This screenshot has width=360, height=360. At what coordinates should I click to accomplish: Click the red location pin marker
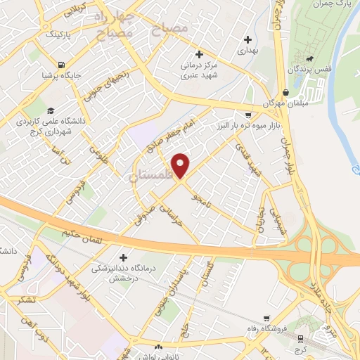click(181, 165)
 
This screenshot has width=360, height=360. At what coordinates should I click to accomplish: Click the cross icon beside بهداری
click(246, 39)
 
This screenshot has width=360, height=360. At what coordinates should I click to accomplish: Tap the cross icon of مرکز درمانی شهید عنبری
click(199, 54)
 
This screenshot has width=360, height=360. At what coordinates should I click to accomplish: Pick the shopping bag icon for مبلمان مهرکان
click(285, 93)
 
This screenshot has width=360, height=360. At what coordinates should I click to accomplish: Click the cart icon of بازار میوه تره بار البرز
click(247, 115)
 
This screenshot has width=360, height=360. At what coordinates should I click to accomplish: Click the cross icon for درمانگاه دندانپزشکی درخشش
click(124, 258)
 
